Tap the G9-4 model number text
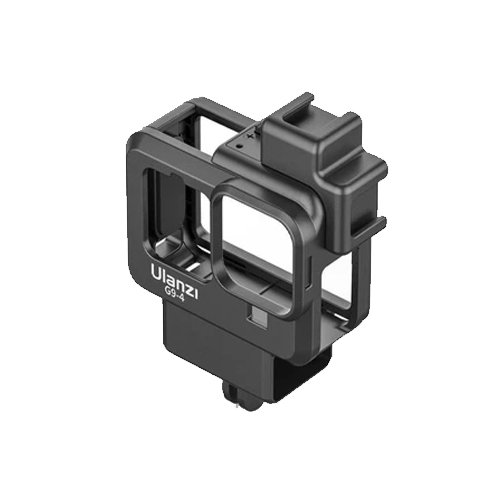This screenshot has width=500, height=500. [173, 295]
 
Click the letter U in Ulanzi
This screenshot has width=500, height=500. [156, 272]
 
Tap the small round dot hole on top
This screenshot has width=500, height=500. [238, 146]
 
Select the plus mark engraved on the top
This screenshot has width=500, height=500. [250, 136]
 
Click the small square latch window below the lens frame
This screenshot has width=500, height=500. [257, 315]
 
